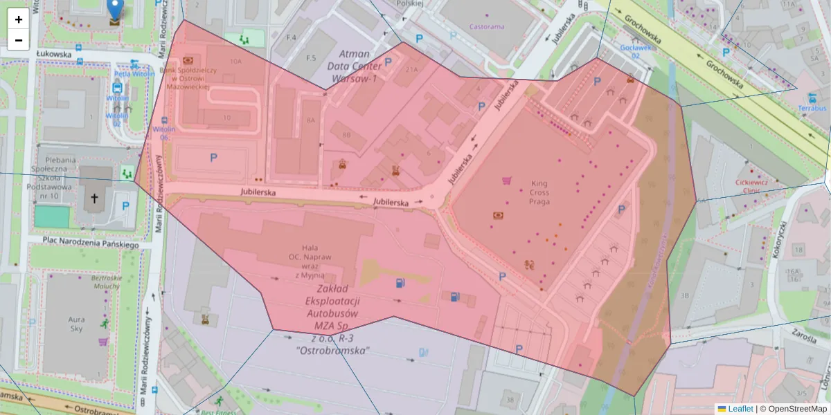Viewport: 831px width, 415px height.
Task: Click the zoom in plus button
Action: [19, 19]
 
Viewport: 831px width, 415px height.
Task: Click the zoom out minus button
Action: [19, 40]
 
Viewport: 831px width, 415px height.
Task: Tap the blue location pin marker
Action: [115, 10]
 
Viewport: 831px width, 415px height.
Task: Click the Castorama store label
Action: [488, 27]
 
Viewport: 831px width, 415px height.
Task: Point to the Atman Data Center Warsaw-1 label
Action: [358, 66]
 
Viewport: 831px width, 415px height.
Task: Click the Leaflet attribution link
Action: [740, 409]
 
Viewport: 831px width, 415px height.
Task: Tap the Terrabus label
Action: [812, 109]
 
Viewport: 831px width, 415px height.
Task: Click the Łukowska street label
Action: [55, 53]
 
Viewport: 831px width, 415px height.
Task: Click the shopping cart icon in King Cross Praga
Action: [506, 181]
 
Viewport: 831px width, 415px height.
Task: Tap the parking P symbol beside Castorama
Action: [418, 39]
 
